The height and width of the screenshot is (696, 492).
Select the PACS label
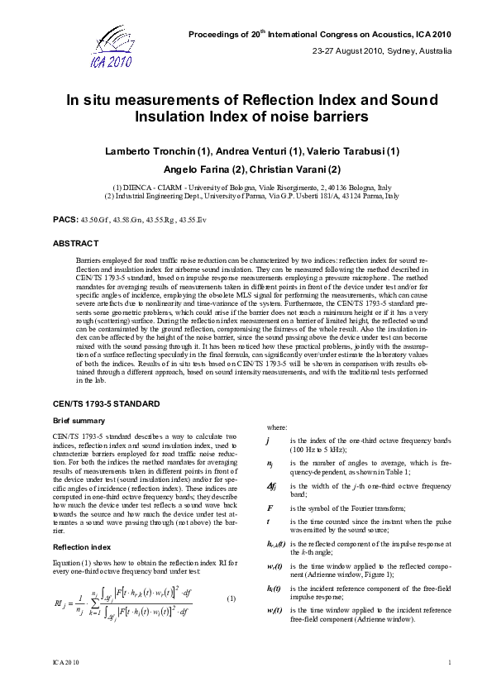[64, 222]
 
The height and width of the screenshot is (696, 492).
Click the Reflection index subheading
[81, 547]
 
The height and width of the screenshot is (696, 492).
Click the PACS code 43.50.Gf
[92, 222]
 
